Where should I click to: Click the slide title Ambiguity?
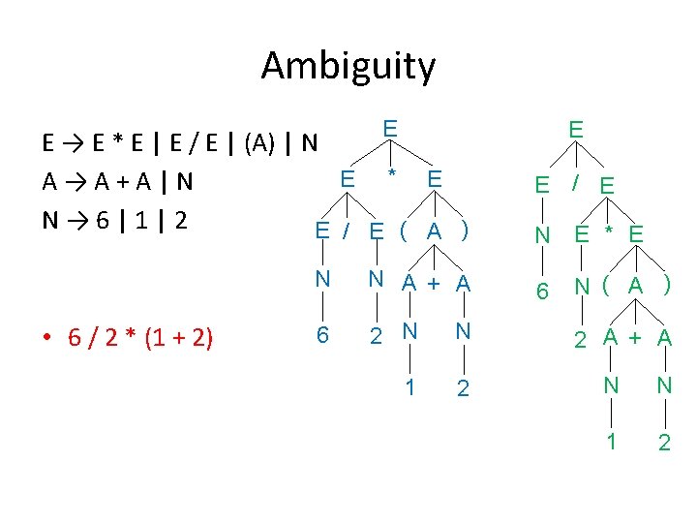point(348,67)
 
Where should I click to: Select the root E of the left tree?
point(389,129)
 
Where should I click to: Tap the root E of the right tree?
point(575,129)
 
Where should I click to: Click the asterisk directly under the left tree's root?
point(391,176)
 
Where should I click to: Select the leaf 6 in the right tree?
point(544,290)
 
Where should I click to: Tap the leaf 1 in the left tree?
point(410,386)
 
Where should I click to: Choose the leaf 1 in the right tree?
point(611,441)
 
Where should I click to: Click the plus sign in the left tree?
point(435,283)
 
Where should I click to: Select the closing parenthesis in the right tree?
point(667,286)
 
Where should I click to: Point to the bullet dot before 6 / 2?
point(48,338)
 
